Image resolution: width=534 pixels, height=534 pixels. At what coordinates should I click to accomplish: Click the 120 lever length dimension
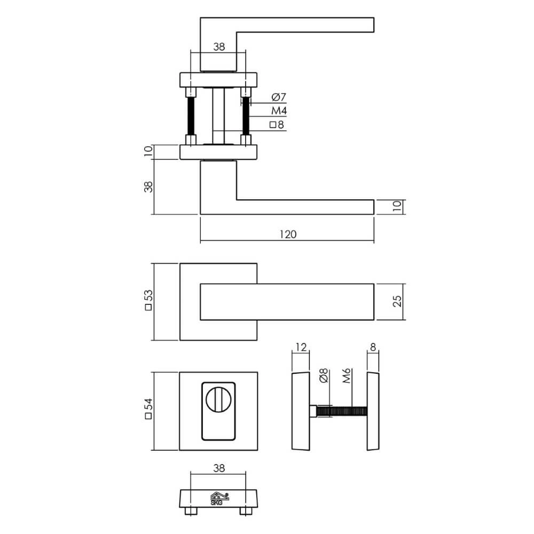287,234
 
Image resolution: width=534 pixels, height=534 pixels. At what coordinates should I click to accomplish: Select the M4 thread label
279,111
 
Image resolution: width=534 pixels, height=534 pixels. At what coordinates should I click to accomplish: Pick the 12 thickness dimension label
301,347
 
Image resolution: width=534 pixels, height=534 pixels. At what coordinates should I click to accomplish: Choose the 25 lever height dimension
397,302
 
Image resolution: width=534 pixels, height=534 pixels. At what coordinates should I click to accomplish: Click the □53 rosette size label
148,302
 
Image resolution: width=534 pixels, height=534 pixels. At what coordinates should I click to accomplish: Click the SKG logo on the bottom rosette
218,498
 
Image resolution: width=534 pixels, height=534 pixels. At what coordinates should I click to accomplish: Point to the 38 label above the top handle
218,46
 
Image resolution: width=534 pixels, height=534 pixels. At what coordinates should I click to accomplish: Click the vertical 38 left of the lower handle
148,187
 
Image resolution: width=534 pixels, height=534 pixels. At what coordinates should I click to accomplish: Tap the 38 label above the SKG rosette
218,468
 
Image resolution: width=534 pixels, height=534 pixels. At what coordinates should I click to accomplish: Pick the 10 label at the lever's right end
397,207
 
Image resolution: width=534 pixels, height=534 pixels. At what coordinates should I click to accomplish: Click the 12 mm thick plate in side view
301,411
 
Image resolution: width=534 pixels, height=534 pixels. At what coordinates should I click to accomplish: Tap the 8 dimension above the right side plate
373,347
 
